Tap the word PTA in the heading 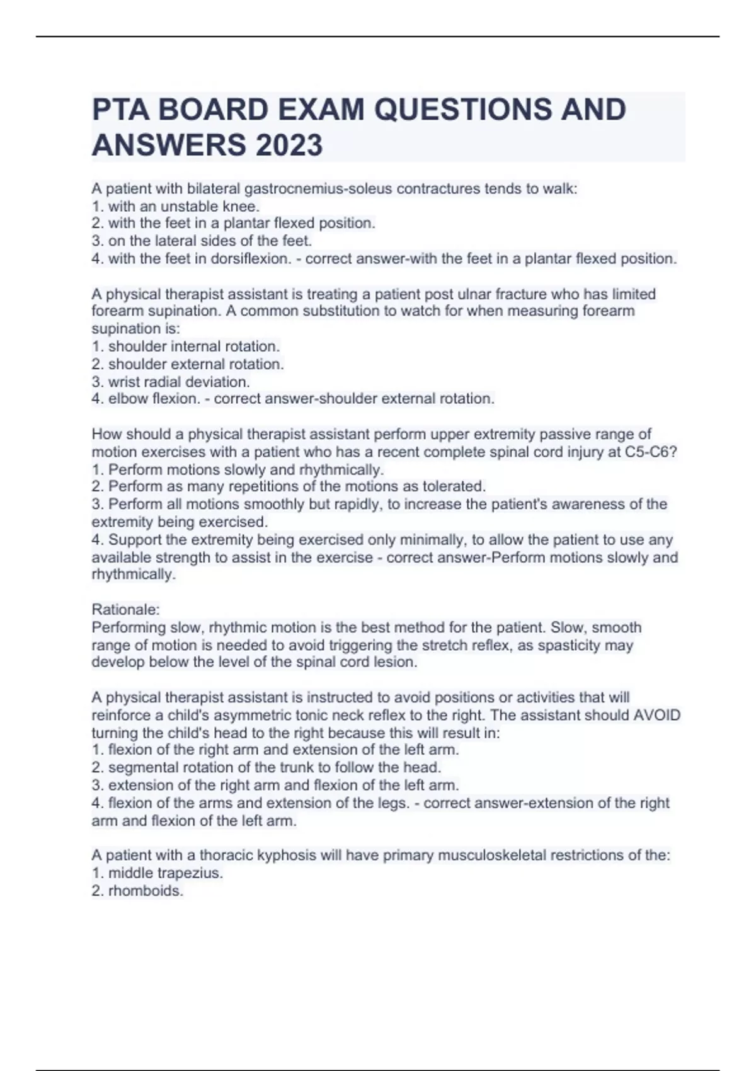[x=119, y=110]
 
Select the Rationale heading [x=125, y=609]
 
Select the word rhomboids [x=146, y=891]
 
